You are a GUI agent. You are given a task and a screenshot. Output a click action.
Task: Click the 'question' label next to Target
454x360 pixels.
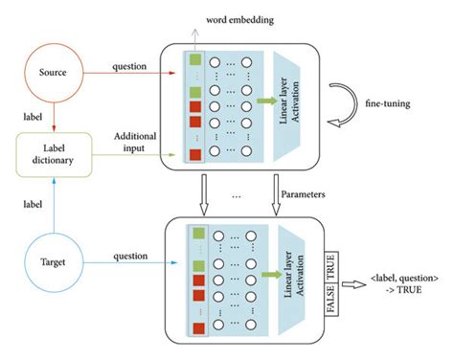(128, 256)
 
